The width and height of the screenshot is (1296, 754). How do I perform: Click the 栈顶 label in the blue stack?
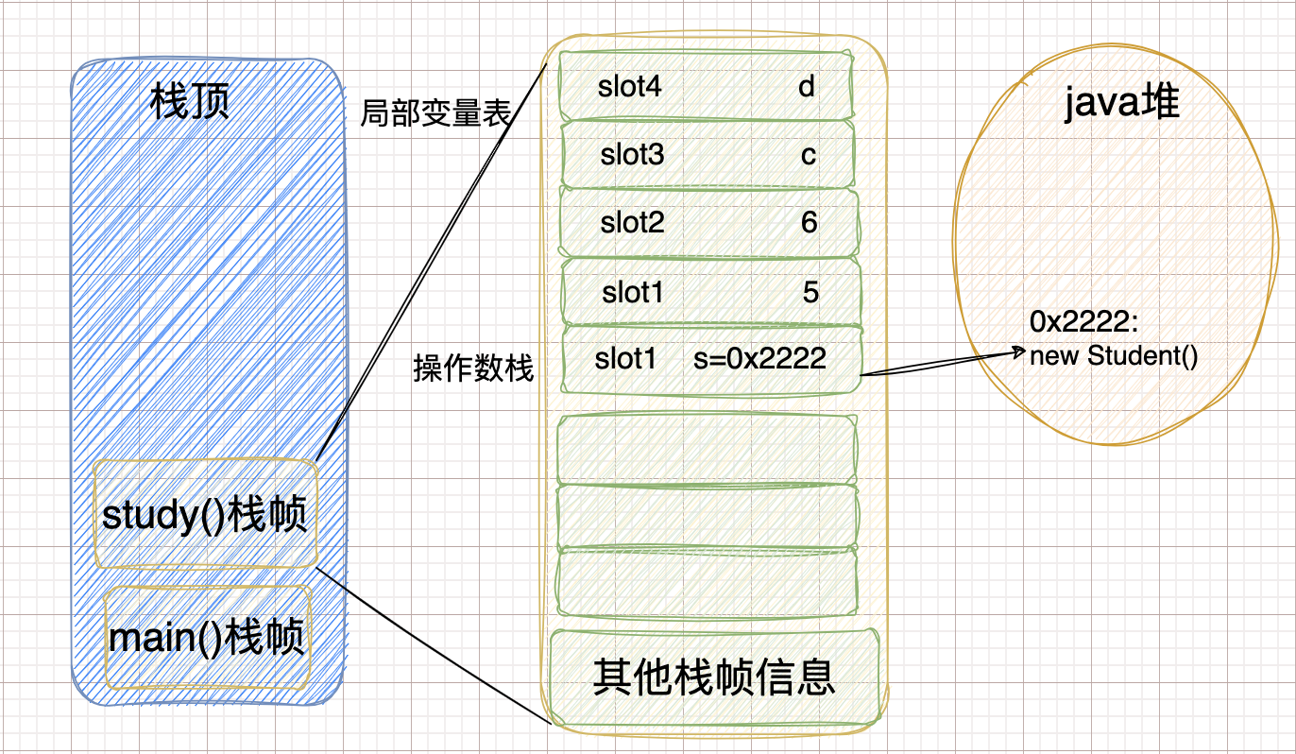[x=190, y=102]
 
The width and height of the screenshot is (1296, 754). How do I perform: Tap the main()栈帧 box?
[x=208, y=638]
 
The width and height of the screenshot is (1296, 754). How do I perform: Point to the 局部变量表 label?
[x=435, y=114]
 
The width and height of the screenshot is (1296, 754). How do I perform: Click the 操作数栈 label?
[x=473, y=368]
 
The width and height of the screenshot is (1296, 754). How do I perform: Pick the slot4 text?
[x=630, y=87]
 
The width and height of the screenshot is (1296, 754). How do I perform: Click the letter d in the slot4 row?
[x=806, y=87]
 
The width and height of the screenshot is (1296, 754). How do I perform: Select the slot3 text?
[x=632, y=155]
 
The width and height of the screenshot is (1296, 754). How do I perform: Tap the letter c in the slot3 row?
[x=808, y=155]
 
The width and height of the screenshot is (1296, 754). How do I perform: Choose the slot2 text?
[x=632, y=223]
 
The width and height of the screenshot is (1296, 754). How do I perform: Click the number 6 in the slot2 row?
[x=809, y=223]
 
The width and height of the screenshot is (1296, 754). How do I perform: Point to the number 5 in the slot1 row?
[x=810, y=293]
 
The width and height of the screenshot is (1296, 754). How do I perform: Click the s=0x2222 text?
[x=759, y=358]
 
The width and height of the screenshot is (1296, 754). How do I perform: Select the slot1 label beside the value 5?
[x=633, y=293]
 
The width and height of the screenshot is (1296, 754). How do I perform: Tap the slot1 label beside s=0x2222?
[x=625, y=358]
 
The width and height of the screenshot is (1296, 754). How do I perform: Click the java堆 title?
[x=1122, y=102]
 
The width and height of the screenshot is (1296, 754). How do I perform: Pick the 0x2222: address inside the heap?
[x=1085, y=323]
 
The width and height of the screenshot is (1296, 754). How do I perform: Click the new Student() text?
[x=1114, y=357]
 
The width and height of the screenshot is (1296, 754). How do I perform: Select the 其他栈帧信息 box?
[x=714, y=677]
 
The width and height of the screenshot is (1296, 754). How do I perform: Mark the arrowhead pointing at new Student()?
[x=1020, y=354]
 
